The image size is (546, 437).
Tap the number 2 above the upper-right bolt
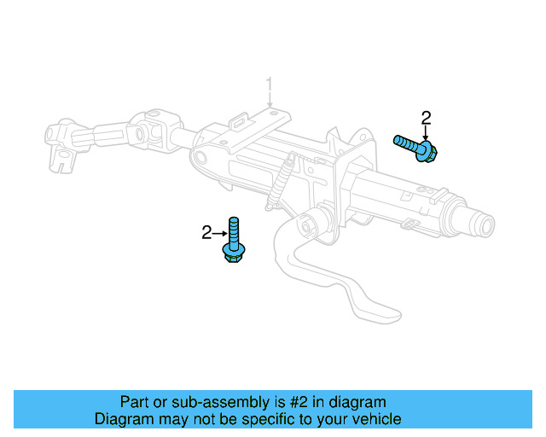426,117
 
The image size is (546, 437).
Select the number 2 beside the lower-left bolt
206,232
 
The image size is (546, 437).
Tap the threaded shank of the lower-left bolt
234,228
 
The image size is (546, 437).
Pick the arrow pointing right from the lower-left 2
219,232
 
